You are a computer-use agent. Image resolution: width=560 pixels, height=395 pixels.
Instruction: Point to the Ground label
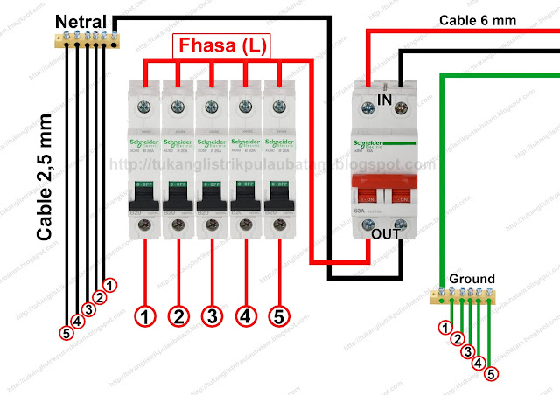tap(471, 279)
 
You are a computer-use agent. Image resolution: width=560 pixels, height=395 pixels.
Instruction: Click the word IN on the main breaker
tap(382, 100)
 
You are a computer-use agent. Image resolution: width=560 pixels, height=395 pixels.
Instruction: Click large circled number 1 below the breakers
tap(145, 315)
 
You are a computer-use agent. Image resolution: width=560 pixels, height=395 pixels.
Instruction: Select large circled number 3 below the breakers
tap(212, 315)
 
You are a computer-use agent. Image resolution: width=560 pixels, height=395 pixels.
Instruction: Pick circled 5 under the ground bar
tap(491, 375)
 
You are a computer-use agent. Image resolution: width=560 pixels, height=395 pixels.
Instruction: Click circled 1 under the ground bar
tap(446, 329)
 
